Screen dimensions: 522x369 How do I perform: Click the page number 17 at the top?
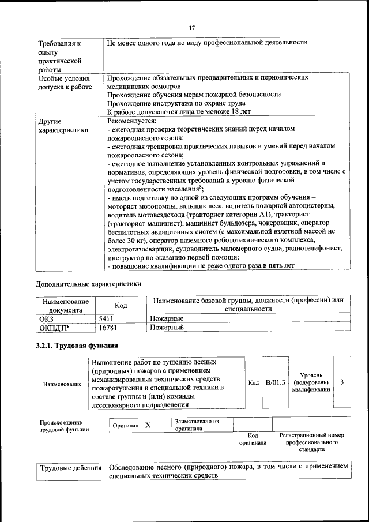click(192, 27)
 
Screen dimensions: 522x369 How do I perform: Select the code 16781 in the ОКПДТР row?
click(108, 328)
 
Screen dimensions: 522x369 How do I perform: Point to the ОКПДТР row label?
click(54, 328)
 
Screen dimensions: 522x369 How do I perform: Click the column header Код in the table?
click(121, 305)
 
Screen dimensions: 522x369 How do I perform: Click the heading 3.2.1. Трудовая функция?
click(77, 346)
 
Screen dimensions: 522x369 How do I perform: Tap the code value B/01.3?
click(275, 382)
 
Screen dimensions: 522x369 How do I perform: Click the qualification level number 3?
click(342, 382)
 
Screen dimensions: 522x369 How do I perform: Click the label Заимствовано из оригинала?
click(197, 425)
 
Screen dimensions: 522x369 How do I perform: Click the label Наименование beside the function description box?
click(62, 384)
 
